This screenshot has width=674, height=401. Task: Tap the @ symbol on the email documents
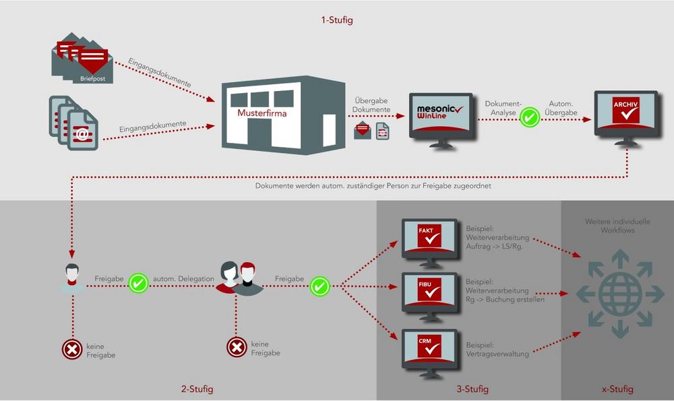point(82,134)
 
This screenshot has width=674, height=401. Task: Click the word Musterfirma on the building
point(262,113)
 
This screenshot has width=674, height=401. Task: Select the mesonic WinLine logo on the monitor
point(439,112)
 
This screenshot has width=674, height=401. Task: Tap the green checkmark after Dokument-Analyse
point(530,117)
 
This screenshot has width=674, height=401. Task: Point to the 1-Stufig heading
point(337,20)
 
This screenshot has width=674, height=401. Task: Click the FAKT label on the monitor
point(425,230)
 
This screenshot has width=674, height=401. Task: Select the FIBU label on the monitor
point(425,284)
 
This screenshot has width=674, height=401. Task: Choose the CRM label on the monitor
point(425,341)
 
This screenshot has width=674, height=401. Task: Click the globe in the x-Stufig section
point(620,294)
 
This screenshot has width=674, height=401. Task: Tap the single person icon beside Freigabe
point(72,278)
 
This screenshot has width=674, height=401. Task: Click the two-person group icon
point(239,278)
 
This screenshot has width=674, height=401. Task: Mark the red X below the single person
point(72,349)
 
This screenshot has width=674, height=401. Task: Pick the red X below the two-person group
point(237,347)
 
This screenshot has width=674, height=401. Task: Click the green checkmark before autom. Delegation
point(138,283)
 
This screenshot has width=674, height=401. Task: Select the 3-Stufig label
point(472,390)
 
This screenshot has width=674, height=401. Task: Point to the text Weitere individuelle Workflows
point(617,226)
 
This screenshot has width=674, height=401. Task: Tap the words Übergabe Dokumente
point(371,105)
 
